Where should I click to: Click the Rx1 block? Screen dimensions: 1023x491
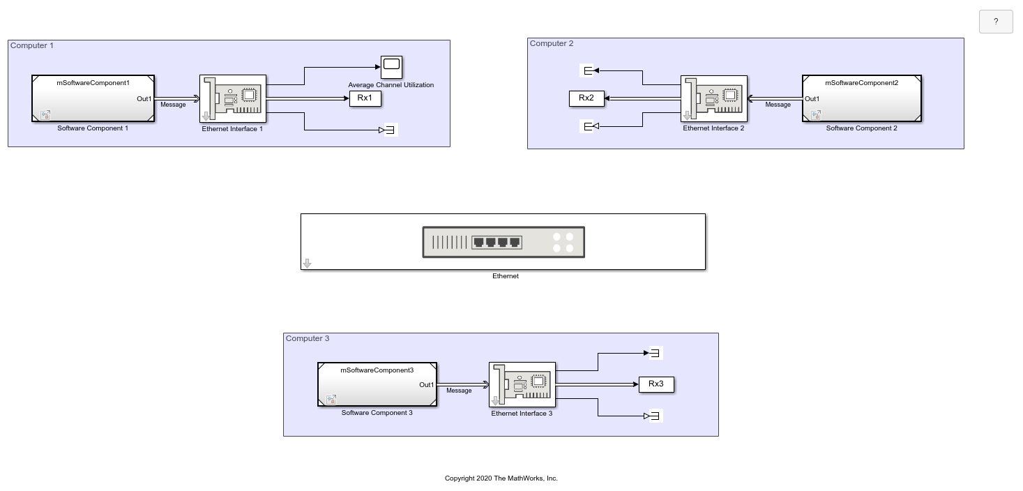click(x=365, y=98)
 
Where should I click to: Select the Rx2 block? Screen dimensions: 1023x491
click(x=586, y=98)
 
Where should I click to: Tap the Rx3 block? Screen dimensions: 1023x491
click(x=656, y=384)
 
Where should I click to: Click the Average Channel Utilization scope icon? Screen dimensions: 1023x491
click(x=391, y=67)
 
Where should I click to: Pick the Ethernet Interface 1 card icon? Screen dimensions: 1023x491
click(x=233, y=98)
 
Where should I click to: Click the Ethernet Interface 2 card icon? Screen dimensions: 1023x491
click(x=714, y=98)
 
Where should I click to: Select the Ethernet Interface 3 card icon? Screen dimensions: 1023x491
click(x=522, y=384)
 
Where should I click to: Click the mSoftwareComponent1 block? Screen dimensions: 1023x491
click(x=93, y=98)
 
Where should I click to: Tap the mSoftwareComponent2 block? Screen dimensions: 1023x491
click(x=862, y=98)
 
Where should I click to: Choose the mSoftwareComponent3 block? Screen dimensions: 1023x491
click(x=377, y=384)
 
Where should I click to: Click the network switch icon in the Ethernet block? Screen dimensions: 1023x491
click(x=503, y=242)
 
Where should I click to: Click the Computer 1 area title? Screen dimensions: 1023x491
click(x=32, y=45)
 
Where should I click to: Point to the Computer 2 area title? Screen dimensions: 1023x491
click(x=551, y=43)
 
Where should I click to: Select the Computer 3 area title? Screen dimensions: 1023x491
click(x=308, y=338)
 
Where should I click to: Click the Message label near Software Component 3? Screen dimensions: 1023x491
click(x=459, y=391)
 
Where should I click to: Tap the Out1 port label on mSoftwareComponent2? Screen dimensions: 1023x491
click(x=812, y=98)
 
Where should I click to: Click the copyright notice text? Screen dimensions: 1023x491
click(x=501, y=478)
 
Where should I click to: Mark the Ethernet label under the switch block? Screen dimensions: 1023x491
click(x=506, y=276)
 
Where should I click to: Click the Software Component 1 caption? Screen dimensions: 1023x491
click(x=93, y=128)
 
